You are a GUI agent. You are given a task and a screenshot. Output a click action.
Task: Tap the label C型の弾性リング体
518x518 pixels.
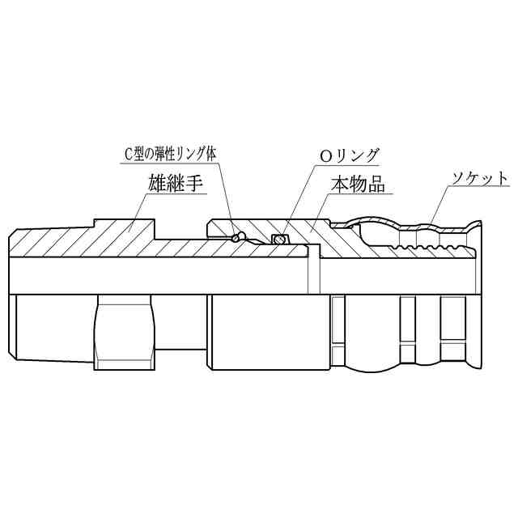169,153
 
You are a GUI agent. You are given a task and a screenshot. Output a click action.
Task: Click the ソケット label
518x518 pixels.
481,177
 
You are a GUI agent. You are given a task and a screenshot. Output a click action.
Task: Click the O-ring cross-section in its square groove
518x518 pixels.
280,240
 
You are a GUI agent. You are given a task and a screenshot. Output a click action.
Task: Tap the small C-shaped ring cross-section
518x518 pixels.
236,237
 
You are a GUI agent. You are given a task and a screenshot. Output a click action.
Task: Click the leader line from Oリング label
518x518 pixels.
299,202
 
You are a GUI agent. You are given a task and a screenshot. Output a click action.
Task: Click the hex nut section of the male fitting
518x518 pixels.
122,332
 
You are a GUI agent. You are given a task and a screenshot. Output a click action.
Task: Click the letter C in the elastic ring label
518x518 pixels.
125,153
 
